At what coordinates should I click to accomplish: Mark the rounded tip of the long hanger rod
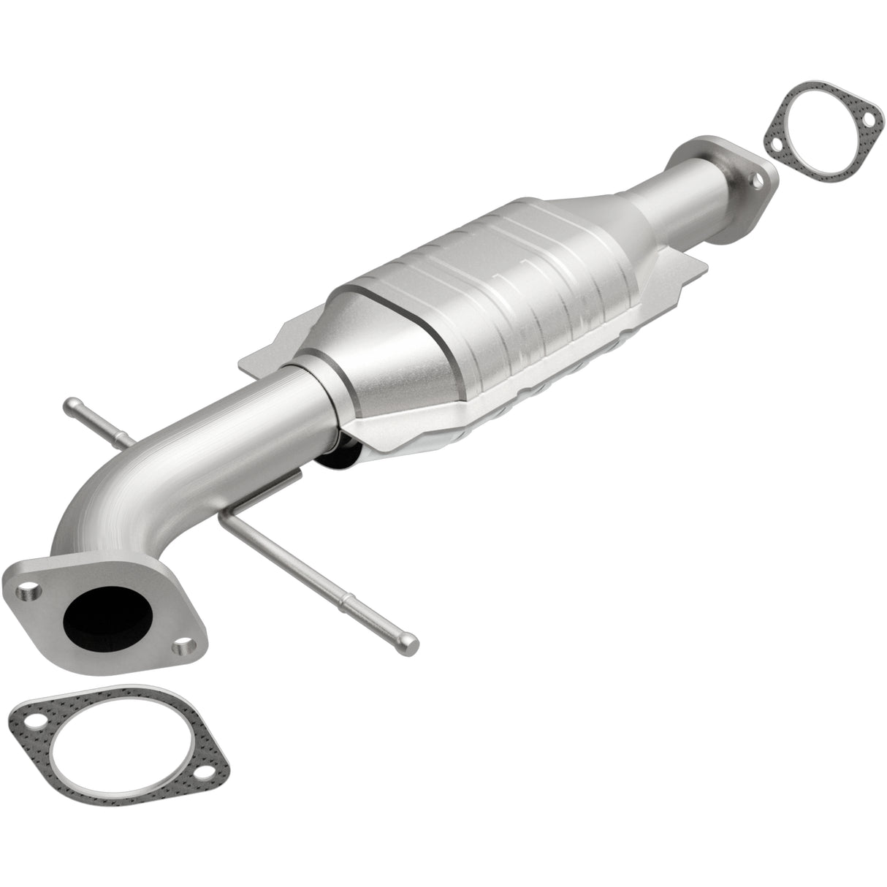coord(411,644)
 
